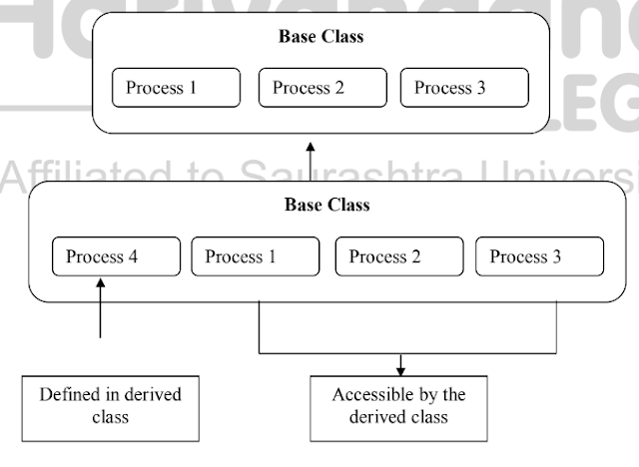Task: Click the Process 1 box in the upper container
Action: point(176,88)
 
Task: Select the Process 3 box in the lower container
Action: point(539,257)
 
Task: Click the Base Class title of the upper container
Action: point(320,37)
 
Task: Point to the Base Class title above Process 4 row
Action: point(326,206)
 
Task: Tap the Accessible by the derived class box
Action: point(398,406)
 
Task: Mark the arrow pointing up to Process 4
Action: point(101,309)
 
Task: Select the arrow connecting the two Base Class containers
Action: point(311,159)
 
